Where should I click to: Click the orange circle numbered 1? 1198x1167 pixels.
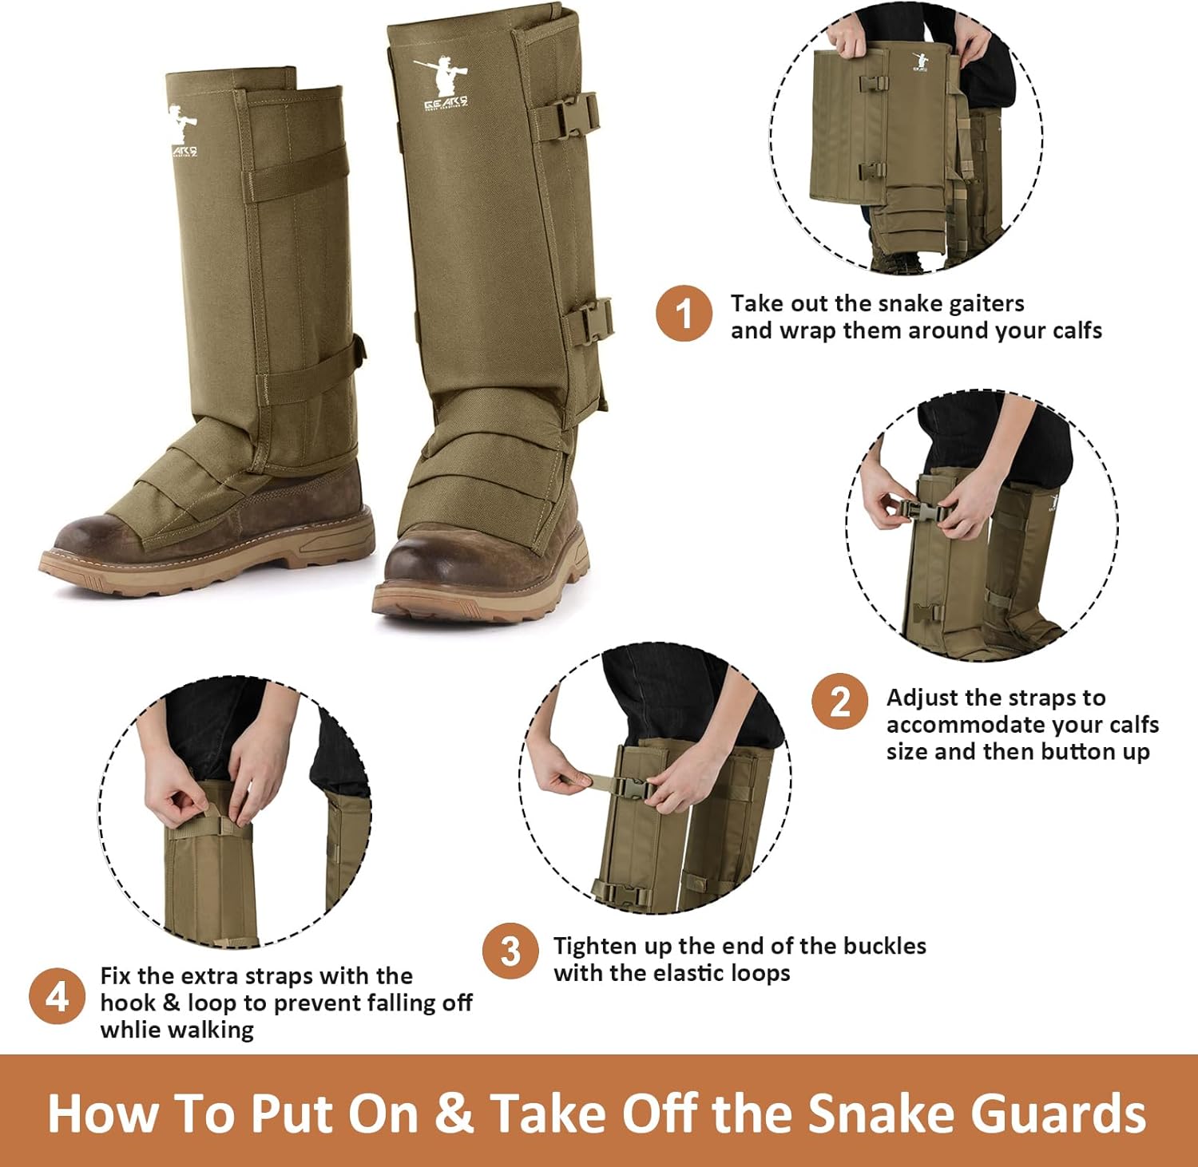click(684, 314)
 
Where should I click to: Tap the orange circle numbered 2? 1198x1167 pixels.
click(839, 702)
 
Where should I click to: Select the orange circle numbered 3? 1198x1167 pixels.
click(510, 951)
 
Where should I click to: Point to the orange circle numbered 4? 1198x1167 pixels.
click(57, 996)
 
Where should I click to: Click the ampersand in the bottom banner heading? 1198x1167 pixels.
click(454, 1113)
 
